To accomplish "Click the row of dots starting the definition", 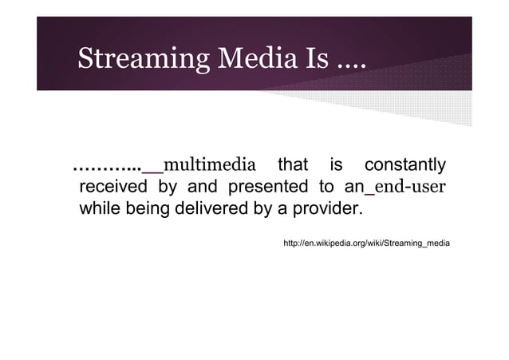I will click(x=106, y=169).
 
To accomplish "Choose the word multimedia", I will click(x=210, y=166).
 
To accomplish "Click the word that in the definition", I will click(x=293, y=166).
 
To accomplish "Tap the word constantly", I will click(x=404, y=166).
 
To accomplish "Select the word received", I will click(x=112, y=188).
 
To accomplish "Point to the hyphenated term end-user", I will click(x=410, y=188).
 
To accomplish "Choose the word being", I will click(x=148, y=211).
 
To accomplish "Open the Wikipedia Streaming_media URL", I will click(x=366, y=242).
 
